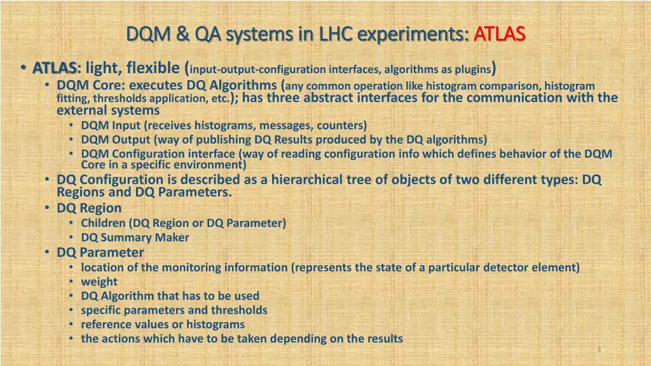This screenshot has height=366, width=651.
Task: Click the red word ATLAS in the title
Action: tap(499, 32)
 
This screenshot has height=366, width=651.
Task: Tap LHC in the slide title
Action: tap(329, 32)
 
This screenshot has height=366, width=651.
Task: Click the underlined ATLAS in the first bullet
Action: tap(55, 67)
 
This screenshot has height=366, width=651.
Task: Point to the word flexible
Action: tap(153, 67)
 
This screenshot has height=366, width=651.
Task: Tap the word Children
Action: tap(104, 223)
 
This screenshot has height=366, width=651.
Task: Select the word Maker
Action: tap(172, 238)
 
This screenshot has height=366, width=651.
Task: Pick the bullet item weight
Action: tap(99, 281)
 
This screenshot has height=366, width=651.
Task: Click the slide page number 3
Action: tap(599, 349)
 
